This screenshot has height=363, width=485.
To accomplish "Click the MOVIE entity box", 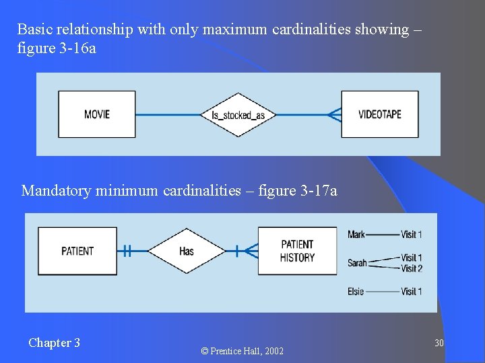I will pyautogui.click(x=97, y=114).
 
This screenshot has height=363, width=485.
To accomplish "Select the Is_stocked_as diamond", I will pyautogui.click(x=238, y=115).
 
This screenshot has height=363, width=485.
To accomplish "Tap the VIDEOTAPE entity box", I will pyautogui.click(x=379, y=114).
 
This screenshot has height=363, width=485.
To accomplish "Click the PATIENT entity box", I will pyautogui.click(x=77, y=251).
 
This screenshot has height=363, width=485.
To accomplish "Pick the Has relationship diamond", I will pyautogui.click(x=187, y=251).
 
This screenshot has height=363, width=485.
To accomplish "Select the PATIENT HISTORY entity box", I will pyautogui.click(x=297, y=251).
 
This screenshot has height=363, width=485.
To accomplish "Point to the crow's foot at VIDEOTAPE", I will pyautogui.click(x=334, y=115).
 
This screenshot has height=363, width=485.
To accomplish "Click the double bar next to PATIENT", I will pyautogui.click(x=126, y=251).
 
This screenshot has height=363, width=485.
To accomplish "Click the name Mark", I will pyautogui.click(x=356, y=235).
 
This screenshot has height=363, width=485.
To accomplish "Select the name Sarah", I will pyautogui.click(x=357, y=263).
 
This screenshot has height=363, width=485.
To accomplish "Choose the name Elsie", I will pyautogui.click(x=356, y=291).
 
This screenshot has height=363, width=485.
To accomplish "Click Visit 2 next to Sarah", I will pyautogui.click(x=411, y=268).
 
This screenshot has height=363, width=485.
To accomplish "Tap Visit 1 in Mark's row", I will pyautogui.click(x=411, y=235).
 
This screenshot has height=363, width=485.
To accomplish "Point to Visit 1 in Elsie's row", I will pyautogui.click(x=411, y=291).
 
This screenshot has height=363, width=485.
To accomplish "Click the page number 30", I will pyautogui.click(x=439, y=344).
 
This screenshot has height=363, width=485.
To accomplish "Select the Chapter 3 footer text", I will pyautogui.click(x=54, y=343).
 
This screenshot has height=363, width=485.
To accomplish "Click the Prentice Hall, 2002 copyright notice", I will pyautogui.click(x=243, y=351).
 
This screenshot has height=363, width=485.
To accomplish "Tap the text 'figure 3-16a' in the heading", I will pyautogui.click(x=57, y=48).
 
